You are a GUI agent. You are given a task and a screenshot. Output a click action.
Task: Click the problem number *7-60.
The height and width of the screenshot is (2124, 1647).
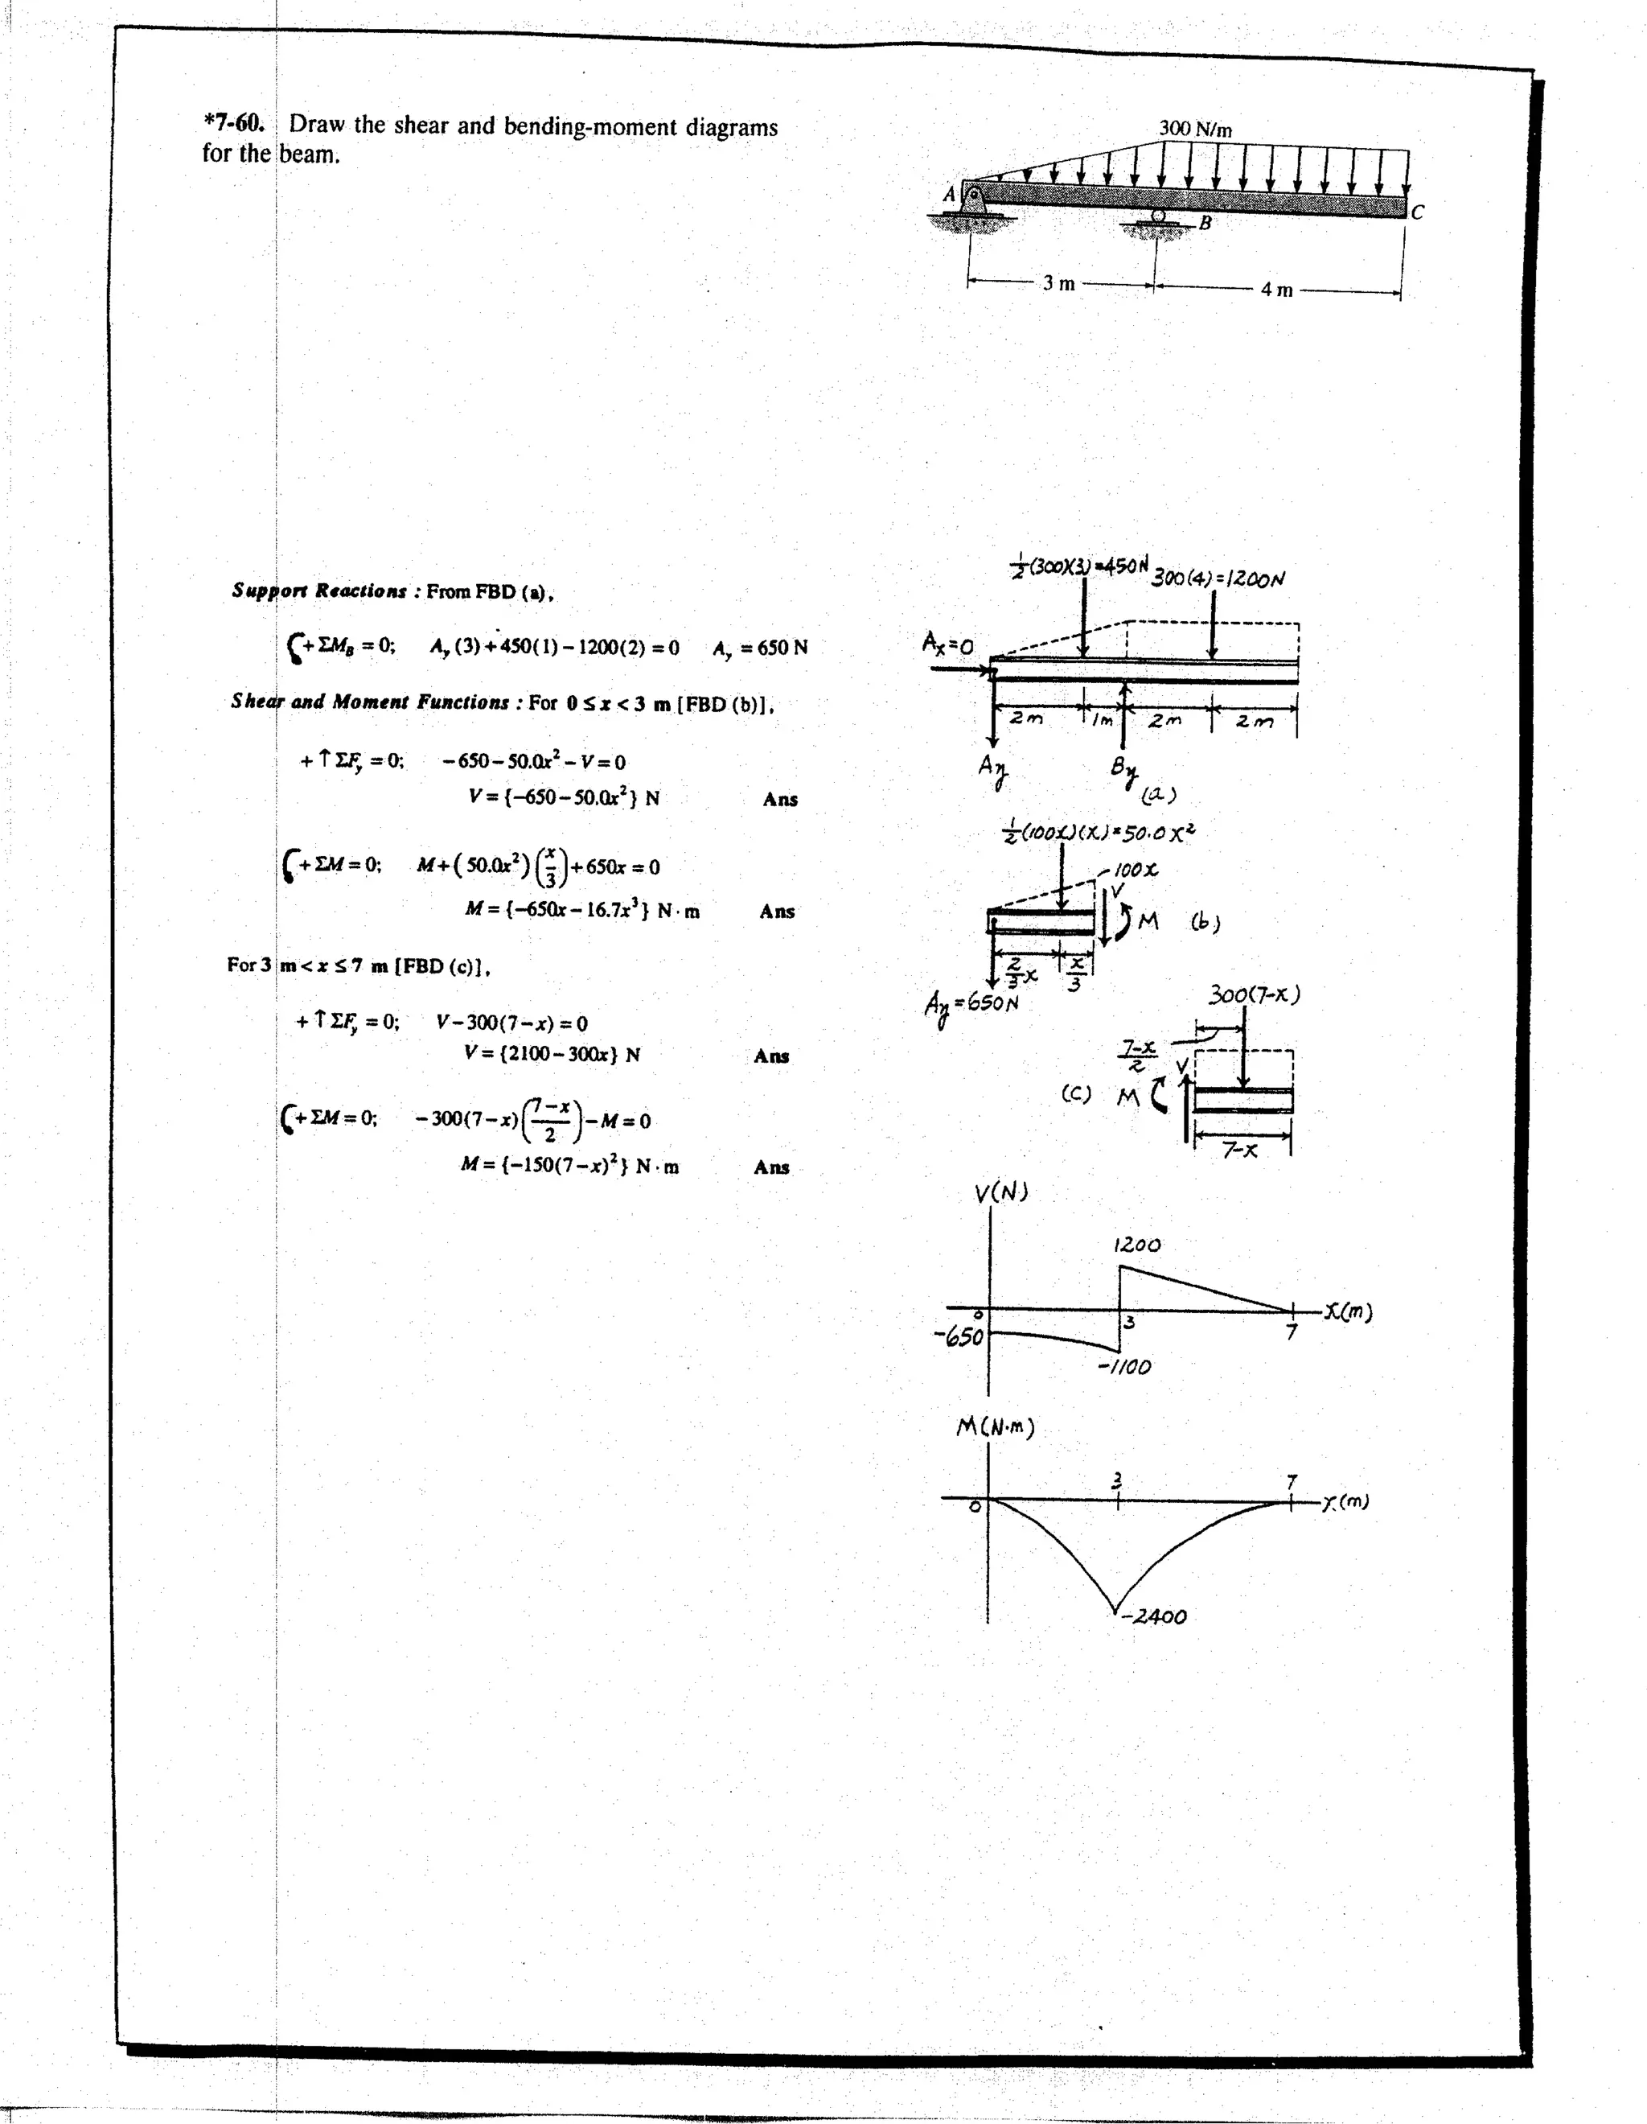coord(233,124)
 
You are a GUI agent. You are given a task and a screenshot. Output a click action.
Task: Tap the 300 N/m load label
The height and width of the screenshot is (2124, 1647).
coord(1195,129)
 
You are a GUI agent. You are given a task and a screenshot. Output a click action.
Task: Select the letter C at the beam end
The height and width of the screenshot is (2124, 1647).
coord(1418,212)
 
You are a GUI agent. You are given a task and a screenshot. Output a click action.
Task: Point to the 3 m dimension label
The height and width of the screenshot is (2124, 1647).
coord(1059,283)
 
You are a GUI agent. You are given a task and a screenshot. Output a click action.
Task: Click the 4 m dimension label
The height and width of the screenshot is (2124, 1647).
coord(1276,289)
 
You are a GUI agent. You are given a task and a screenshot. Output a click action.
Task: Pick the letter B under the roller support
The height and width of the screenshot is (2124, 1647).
coord(1205,223)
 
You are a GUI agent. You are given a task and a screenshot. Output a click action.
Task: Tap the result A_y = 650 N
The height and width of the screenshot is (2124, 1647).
coord(759,648)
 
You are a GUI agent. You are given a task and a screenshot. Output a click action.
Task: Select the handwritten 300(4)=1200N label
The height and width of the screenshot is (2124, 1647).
coord(1218,578)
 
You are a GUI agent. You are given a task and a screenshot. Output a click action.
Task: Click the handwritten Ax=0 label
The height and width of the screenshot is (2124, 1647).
coord(948,643)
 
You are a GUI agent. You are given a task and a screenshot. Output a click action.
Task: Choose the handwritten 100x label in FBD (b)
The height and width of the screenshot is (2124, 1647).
coord(1135,870)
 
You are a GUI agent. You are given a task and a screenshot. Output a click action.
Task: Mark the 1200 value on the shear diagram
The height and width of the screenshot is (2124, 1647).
coord(1136,1245)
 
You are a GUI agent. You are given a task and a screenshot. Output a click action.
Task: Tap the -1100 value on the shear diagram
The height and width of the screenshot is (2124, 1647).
coord(1124,1366)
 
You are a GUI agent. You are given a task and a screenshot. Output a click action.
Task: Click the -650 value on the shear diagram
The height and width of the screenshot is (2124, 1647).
coord(959,1337)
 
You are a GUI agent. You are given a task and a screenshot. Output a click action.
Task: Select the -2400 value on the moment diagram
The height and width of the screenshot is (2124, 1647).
coord(1153,1616)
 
